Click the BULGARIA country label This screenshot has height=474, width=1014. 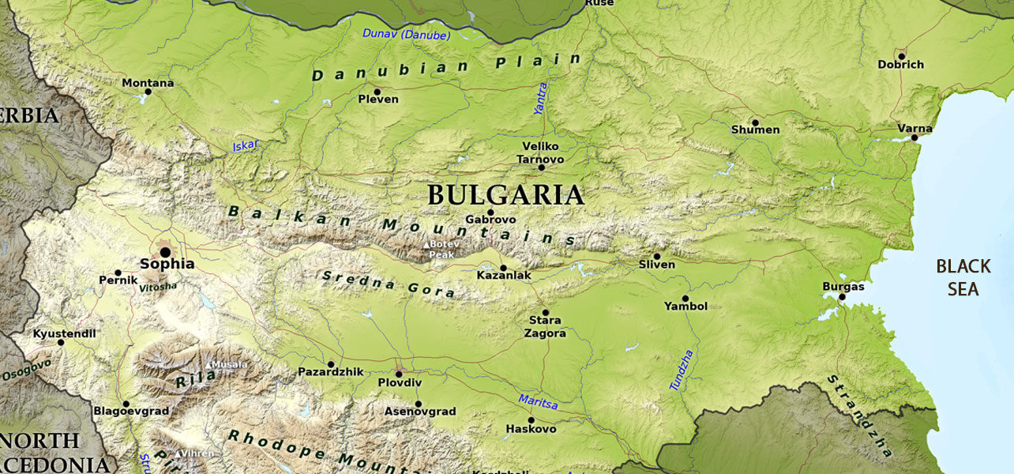[505, 195]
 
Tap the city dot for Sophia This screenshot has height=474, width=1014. [165, 252]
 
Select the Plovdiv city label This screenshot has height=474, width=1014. [400, 382]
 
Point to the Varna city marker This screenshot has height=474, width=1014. [914, 137]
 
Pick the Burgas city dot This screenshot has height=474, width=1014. [842, 296]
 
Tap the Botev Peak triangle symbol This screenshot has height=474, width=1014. [427, 245]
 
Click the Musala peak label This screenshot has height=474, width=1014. [229, 364]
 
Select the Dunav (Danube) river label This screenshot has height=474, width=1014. [407, 34]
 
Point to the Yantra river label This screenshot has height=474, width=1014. [541, 99]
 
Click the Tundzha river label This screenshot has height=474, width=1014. [681, 369]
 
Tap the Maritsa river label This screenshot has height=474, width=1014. [538, 402]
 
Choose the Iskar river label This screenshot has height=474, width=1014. [246, 146]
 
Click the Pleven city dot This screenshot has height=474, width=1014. [377, 91]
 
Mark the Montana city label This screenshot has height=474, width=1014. [148, 82]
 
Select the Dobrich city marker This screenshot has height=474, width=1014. [901, 56]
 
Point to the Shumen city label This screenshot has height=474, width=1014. [755, 130]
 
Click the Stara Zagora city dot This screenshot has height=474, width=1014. [544, 313]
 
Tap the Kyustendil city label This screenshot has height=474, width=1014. [63, 333]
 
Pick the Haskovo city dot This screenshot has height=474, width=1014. [531, 420]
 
